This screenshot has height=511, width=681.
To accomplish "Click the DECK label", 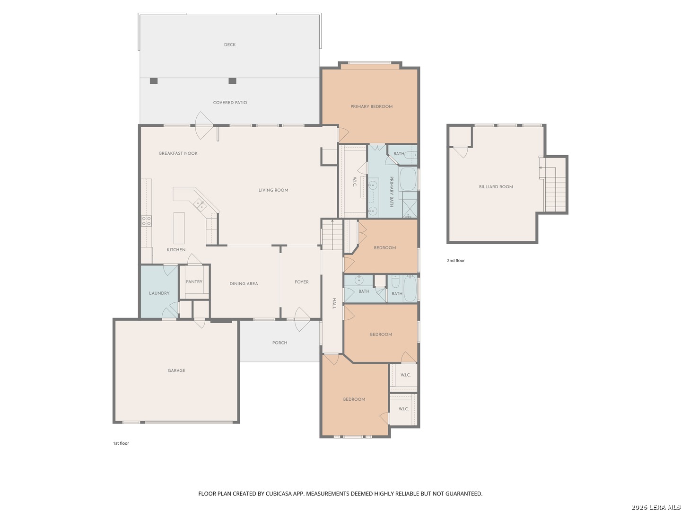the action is coord(229,44).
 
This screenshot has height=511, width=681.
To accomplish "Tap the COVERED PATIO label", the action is coord(230,103).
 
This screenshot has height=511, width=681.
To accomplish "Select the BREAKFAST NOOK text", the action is coord(178,153).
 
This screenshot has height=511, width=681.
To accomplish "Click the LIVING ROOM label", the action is coord(273,190).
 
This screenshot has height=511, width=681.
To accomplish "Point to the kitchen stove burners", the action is coord(147,221).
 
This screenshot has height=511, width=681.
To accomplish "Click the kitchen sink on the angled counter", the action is coord(200,205).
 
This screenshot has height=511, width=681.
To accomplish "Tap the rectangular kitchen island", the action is coord(179,228).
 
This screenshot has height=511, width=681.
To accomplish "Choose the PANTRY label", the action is coord(194,282).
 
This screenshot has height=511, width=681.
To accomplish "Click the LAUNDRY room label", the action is coord(159,293).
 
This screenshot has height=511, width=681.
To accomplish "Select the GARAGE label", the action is coord(176,370).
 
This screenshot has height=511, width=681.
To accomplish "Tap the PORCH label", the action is coord(279,343).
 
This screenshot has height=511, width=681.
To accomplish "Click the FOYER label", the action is coord(302,282).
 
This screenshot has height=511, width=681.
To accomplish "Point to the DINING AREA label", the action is coord(244,283).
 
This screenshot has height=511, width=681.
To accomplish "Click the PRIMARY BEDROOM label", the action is coord(371,106).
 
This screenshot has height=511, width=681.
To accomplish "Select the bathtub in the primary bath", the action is coord(408,179).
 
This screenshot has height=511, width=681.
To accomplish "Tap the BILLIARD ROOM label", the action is coord(496,187).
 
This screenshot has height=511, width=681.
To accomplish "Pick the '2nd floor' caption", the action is coord(456,261).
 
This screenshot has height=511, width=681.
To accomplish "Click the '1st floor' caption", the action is coord(121,443).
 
